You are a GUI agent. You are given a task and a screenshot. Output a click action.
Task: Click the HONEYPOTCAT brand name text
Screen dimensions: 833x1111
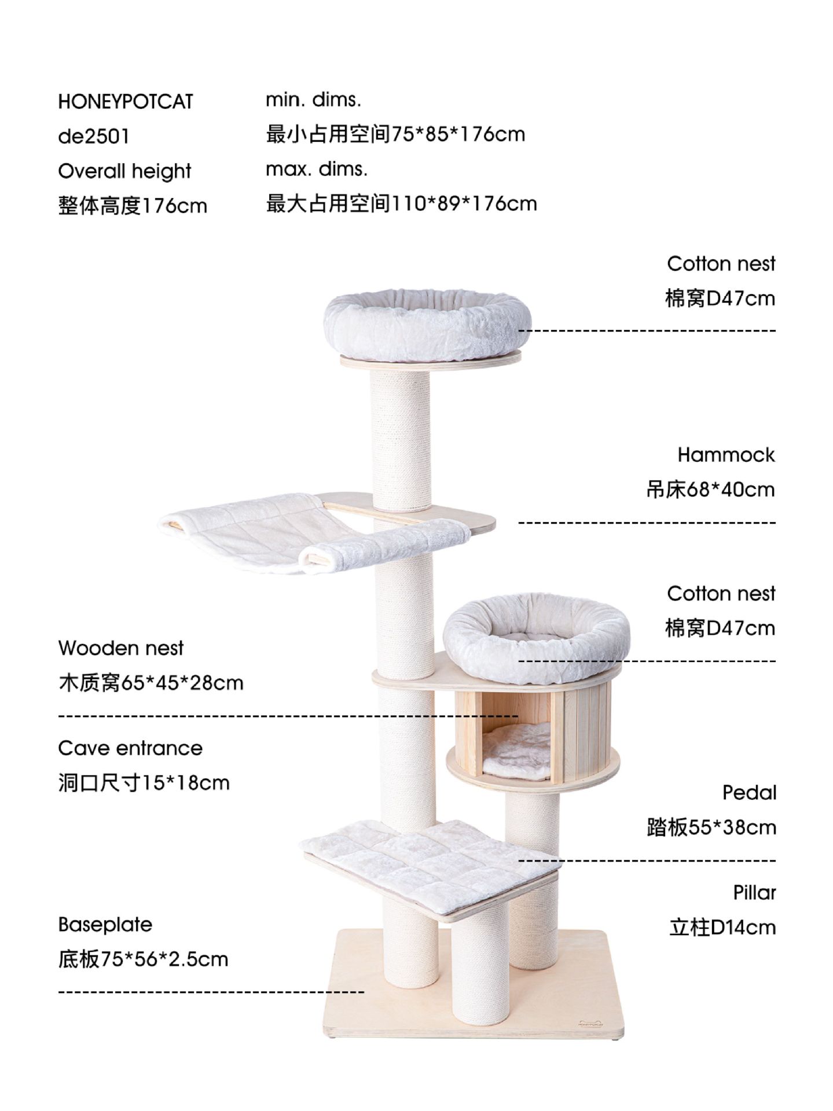125,102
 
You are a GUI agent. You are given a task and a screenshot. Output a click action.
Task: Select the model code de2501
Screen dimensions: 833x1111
93,137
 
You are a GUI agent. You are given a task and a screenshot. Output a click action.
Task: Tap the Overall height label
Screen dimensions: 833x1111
124,171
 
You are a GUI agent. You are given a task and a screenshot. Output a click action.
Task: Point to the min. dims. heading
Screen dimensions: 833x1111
313,100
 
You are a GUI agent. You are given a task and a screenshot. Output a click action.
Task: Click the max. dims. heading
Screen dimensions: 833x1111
317,169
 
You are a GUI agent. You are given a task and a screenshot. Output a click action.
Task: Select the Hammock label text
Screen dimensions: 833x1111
725,455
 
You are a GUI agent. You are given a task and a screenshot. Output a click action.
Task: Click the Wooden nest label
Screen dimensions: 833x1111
120,648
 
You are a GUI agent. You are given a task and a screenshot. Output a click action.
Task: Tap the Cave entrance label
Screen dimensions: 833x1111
130,748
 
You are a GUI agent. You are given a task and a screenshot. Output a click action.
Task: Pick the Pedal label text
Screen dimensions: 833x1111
749,793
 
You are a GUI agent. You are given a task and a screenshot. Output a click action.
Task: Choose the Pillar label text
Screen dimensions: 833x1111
754,893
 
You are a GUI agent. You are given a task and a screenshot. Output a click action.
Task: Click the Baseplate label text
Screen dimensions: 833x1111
105,925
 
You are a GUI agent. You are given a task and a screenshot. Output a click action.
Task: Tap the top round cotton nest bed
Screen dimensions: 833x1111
427,325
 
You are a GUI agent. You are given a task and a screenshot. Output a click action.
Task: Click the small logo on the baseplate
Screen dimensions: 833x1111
590,1022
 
